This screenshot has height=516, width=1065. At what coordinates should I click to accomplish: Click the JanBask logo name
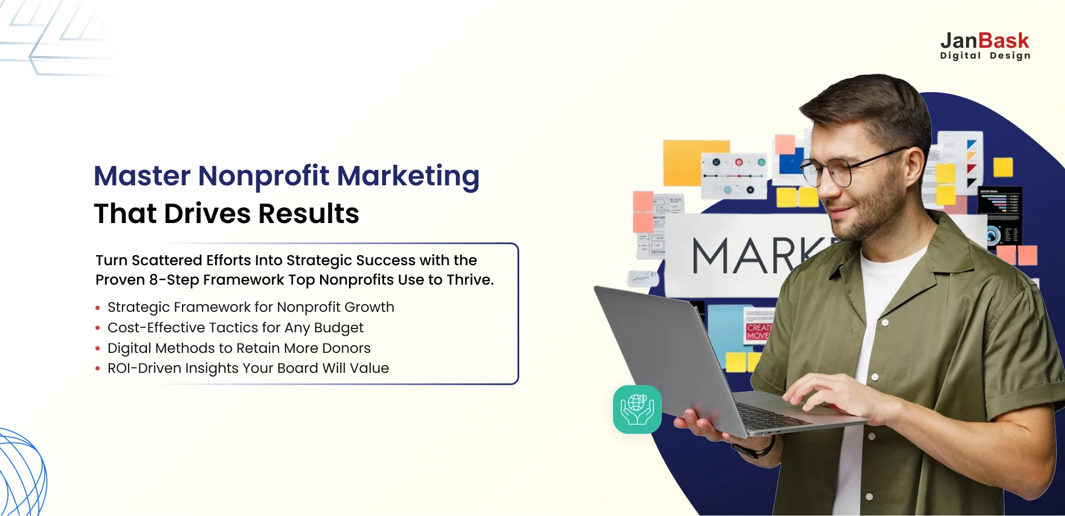pyautogui.click(x=985, y=41)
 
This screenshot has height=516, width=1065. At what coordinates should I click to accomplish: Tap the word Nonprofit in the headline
pyautogui.click(x=263, y=176)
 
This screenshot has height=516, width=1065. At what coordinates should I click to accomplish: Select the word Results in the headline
pyautogui.click(x=308, y=214)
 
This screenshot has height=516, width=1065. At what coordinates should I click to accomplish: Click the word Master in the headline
pyautogui.click(x=142, y=176)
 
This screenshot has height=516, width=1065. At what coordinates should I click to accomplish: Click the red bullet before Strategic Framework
pyautogui.click(x=98, y=308)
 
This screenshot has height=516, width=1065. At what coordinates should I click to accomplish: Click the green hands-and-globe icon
pyautogui.click(x=637, y=409)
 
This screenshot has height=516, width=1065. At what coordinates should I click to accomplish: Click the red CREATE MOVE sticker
pyautogui.click(x=758, y=331)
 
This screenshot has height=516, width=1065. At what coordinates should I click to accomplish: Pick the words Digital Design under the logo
pyautogui.click(x=985, y=55)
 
